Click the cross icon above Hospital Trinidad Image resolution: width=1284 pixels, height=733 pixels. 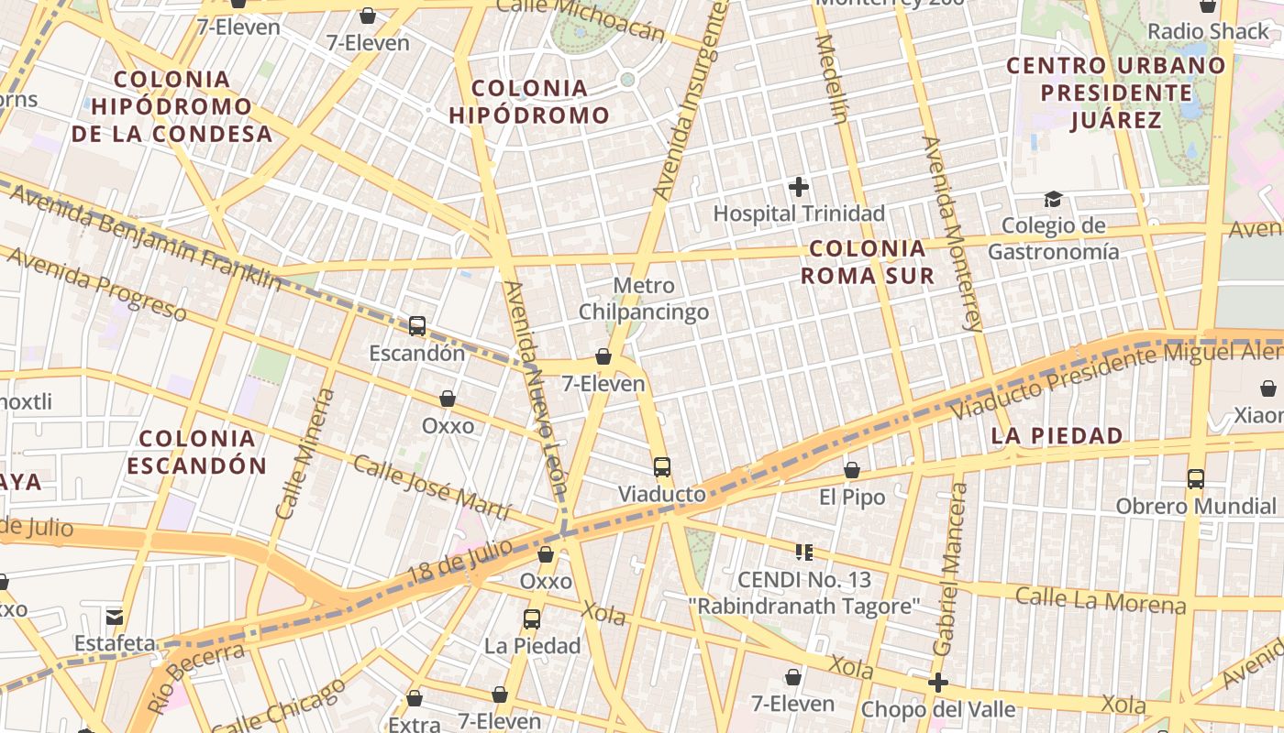(799, 187)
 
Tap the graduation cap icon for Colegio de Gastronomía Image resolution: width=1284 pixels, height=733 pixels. (1053, 199)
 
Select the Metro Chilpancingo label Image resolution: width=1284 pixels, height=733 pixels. (644, 299)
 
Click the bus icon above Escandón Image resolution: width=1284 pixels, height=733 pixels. (417, 325)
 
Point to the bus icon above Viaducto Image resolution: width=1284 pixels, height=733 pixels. (662, 467)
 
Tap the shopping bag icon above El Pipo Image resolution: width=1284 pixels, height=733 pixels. (852, 470)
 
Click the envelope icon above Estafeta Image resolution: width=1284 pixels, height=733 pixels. (115, 617)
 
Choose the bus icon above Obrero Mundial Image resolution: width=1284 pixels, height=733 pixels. (1195, 478)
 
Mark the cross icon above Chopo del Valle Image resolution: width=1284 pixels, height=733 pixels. (937, 683)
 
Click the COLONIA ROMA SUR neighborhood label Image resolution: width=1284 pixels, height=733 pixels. (868, 262)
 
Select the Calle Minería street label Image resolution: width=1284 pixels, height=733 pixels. (306, 453)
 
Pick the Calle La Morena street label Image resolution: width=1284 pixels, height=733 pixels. (1101, 601)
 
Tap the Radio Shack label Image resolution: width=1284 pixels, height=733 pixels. (1209, 31)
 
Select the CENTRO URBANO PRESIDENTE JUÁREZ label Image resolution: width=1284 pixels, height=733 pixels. (1115, 93)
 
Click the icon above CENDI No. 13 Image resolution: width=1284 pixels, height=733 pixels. (804, 552)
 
